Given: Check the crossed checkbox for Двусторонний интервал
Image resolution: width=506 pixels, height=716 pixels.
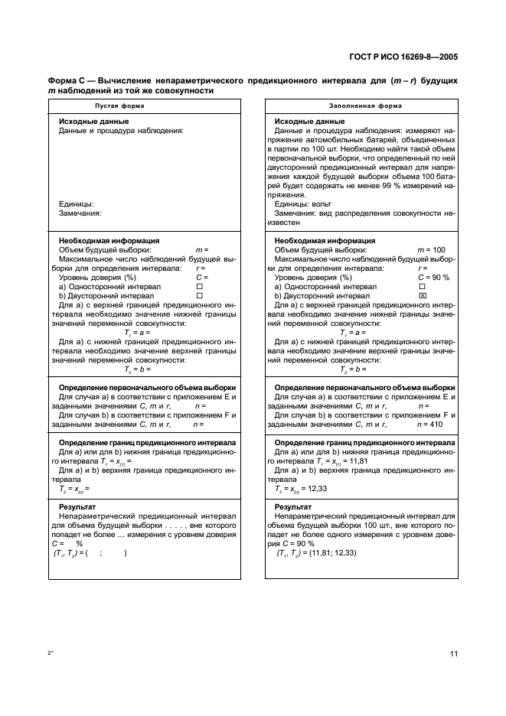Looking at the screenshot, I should pos(422,295).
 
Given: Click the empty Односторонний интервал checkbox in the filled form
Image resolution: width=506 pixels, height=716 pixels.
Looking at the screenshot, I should pos(422,285).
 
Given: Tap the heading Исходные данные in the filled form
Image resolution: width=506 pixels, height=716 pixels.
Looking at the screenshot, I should pos(309,122).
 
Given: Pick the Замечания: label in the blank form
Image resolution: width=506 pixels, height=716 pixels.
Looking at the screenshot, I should pos(80,213).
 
